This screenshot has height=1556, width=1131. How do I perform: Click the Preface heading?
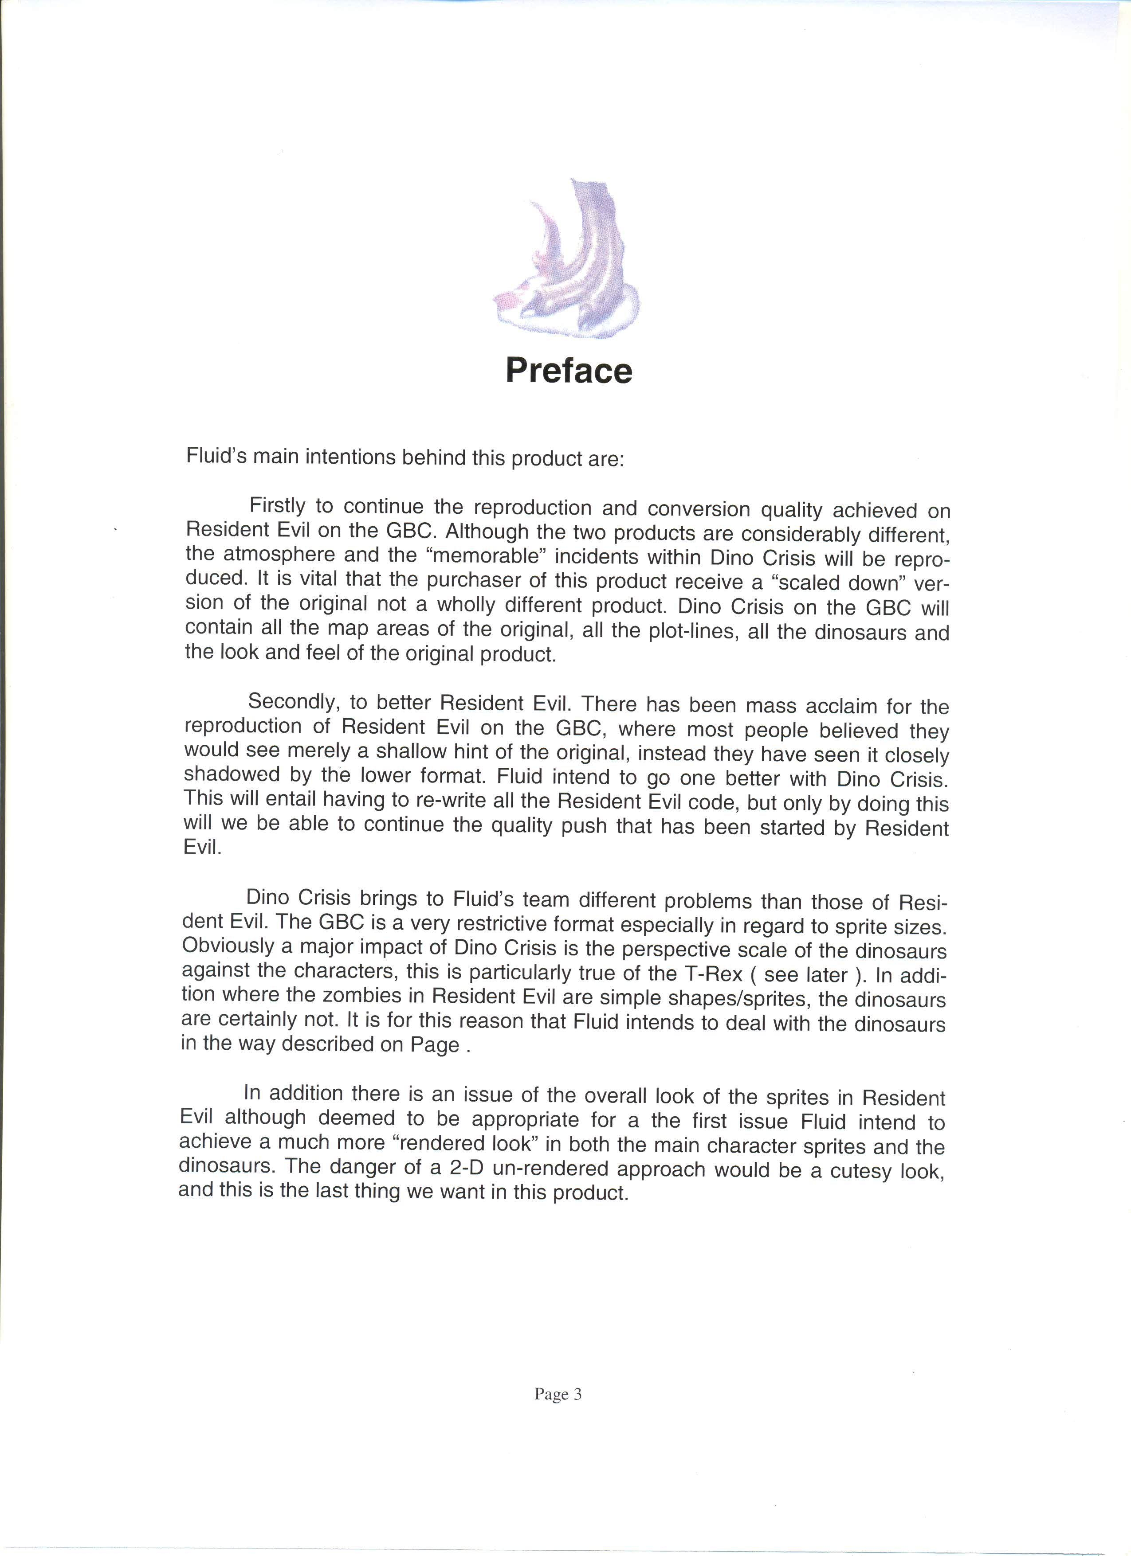pos(569,371)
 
